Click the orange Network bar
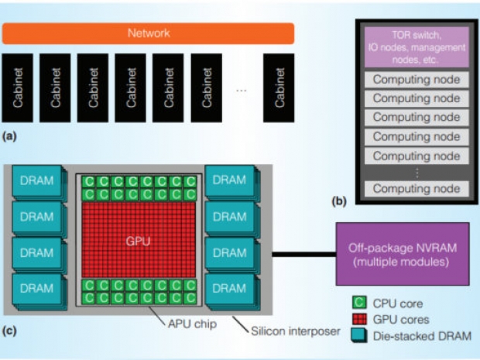[x=148, y=33]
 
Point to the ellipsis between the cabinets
[x=242, y=91]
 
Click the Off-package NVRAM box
[x=402, y=254]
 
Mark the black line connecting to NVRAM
[x=294, y=253]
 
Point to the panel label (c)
[x=10, y=332]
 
